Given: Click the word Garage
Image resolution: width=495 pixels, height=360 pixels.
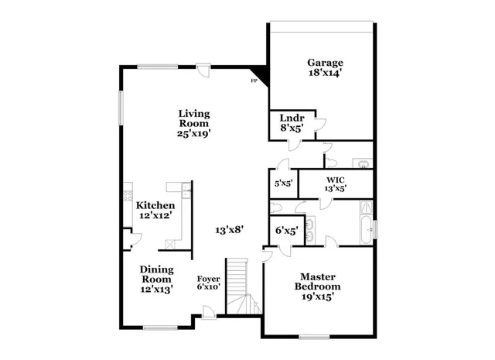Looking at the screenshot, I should coord(325,63).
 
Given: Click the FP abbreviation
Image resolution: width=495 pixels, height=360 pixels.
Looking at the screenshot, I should coord(252,81).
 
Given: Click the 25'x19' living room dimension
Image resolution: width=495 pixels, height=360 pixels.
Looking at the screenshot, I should coord(193,133).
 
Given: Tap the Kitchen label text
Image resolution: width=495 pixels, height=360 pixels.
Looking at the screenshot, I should coord(155,206).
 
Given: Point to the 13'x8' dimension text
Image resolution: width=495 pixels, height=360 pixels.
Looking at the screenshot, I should coord(230,229).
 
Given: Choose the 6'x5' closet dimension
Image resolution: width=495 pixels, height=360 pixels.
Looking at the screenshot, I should coord(286,230).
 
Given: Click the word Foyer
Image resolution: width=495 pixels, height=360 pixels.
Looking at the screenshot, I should coord(209,279).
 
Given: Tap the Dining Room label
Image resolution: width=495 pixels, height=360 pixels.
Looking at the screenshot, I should coord(156,274).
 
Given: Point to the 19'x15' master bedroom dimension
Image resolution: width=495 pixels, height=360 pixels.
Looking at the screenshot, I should coord(321,297).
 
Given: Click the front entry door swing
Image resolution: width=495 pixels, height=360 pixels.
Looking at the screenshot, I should coord(208,311).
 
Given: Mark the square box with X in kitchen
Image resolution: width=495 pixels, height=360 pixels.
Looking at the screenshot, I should coord(170,243).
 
